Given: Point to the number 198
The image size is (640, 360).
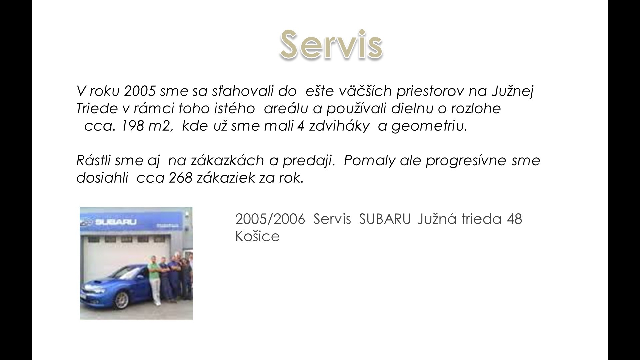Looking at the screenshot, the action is (x=132, y=126).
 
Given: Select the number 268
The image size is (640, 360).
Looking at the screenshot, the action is (x=180, y=178).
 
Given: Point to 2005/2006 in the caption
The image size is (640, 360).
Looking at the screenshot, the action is (x=270, y=219).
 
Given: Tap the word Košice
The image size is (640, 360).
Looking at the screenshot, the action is (x=257, y=236).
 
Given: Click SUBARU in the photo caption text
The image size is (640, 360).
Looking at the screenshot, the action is (x=385, y=219).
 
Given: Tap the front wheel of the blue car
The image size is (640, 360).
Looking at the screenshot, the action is (x=122, y=299).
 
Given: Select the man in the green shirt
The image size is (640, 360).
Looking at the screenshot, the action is (x=154, y=280).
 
